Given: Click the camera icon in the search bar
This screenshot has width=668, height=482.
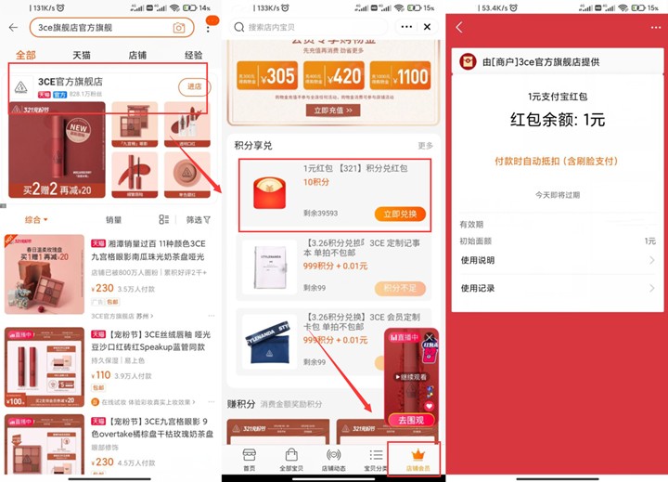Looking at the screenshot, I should [x=179, y=28].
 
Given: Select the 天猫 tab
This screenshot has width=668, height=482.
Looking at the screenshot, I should [x=82, y=55].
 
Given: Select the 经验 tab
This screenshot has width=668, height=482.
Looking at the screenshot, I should [x=193, y=55].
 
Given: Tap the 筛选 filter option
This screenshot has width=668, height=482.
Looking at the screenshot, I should [x=198, y=220].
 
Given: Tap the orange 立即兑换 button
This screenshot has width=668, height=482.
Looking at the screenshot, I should [x=400, y=215].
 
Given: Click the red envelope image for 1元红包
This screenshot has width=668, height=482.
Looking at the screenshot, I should [x=268, y=196].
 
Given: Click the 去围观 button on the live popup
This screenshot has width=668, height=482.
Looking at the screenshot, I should [x=411, y=420].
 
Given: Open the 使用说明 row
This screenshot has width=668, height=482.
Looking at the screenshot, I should [x=557, y=261].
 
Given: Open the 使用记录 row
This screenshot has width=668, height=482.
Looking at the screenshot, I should [x=557, y=288].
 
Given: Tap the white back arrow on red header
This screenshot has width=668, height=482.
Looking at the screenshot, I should [x=459, y=28].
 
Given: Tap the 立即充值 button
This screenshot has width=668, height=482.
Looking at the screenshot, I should [x=334, y=110].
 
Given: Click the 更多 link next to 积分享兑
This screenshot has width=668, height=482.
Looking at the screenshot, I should [x=425, y=146].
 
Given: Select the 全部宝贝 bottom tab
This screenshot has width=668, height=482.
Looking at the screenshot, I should [x=290, y=460].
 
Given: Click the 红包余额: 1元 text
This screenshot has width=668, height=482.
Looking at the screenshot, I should [x=558, y=121].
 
